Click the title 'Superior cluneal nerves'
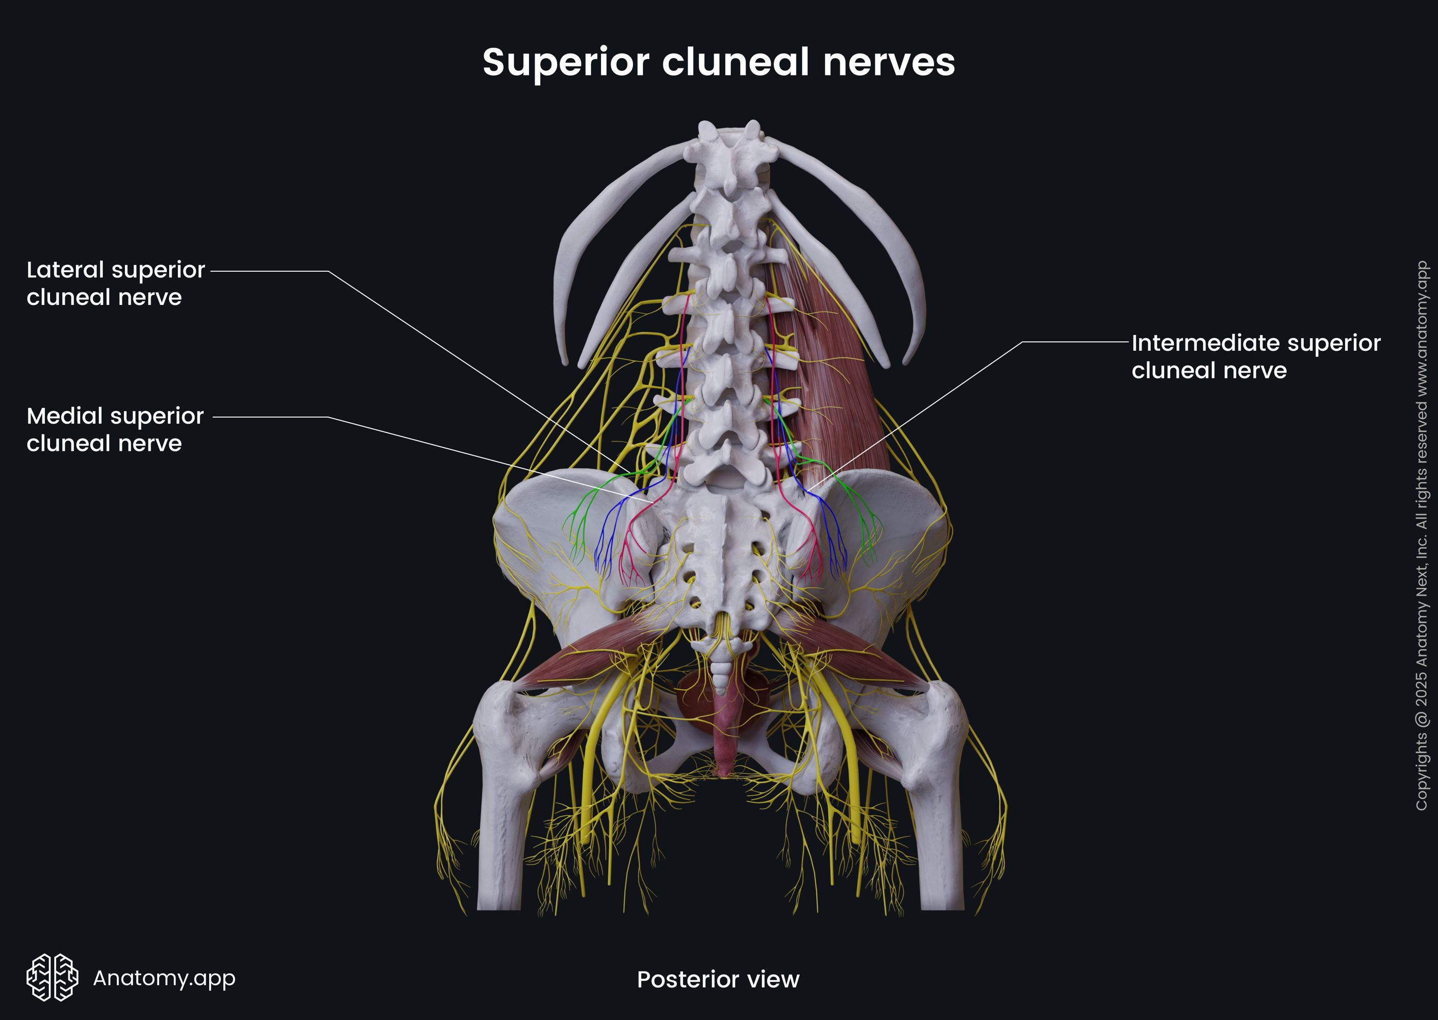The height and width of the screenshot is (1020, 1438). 718,62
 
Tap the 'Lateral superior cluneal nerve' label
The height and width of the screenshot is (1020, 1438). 116,283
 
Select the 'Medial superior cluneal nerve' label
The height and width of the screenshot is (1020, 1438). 115,429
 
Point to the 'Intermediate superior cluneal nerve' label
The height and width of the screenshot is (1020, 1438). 1255,356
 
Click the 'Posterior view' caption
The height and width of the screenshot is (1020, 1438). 718,979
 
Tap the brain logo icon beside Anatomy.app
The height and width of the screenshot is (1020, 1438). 52,977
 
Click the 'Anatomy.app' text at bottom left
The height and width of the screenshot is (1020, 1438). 164,977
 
